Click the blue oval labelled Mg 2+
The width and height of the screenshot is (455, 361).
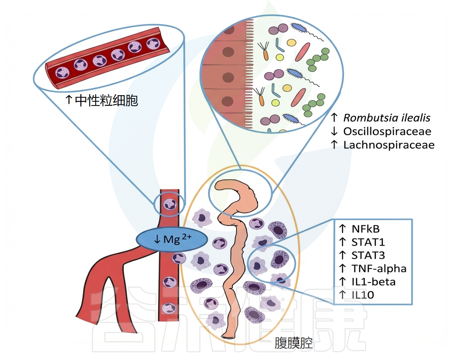[x=171, y=240]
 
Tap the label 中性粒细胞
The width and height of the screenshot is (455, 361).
[x=106, y=101]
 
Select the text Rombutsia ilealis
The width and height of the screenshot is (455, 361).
[x=387, y=118]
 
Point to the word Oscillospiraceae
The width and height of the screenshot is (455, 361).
[x=387, y=131]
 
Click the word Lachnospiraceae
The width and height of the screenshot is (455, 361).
[x=389, y=145]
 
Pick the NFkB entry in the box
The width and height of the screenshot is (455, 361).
[x=365, y=229]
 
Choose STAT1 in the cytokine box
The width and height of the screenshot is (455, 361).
[x=368, y=242]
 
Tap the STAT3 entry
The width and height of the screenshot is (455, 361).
[x=368, y=255]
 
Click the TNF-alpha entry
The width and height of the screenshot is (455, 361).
[x=379, y=269]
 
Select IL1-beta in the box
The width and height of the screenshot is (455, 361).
[x=373, y=282]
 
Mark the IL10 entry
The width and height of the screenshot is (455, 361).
[x=363, y=295]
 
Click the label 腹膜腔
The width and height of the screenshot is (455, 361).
[x=294, y=343]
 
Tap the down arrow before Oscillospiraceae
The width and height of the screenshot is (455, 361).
[x=334, y=131]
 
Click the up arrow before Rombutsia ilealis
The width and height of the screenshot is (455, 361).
[x=334, y=118]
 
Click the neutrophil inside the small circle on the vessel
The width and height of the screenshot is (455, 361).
[x=170, y=204]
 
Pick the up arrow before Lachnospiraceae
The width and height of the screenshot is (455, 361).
[x=334, y=145]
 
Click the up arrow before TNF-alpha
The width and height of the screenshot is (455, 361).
[x=342, y=269]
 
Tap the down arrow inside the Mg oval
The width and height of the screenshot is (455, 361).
[x=157, y=240]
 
